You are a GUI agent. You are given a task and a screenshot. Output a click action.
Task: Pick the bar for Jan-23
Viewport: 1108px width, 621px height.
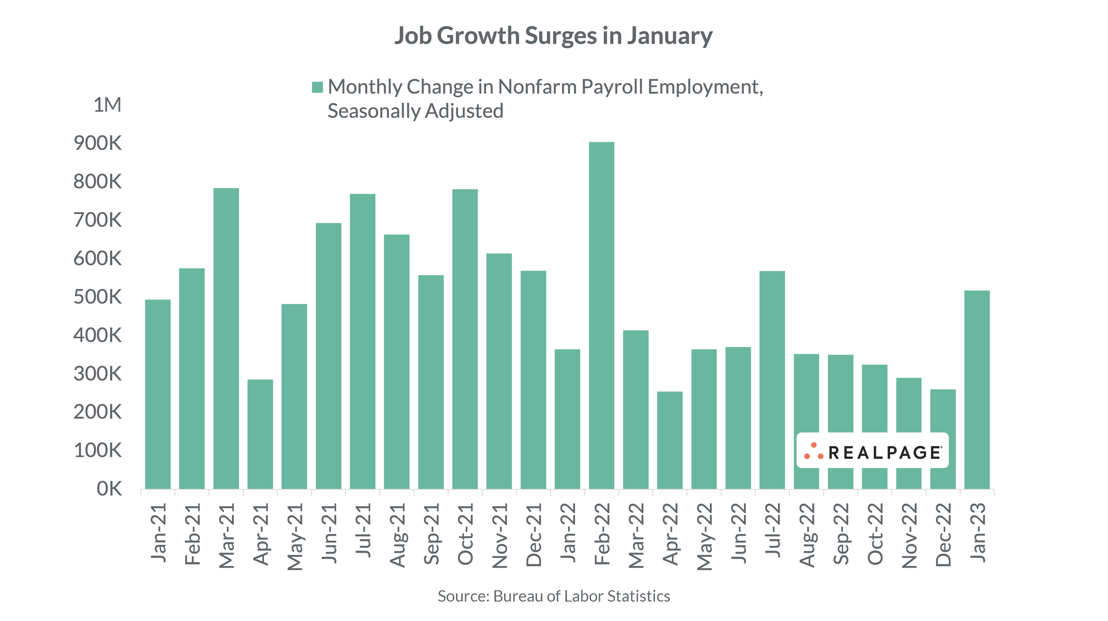(x=977, y=390)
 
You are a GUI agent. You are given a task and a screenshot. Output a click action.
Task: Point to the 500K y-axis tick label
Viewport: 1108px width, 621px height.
(x=98, y=297)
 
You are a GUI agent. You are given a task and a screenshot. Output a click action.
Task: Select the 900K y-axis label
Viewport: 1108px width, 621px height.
(x=98, y=143)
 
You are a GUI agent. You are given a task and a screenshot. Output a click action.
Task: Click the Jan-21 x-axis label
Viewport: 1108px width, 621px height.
(x=158, y=533)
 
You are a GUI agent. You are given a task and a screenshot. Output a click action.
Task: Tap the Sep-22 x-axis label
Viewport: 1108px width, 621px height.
(x=841, y=534)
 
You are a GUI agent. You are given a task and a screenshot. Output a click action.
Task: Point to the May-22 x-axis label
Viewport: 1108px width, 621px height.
(x=705, y=537)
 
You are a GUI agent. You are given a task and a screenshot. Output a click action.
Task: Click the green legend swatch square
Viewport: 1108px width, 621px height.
(x=317, y=87)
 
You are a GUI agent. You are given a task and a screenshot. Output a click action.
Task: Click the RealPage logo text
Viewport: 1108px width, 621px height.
(x=885, y=453)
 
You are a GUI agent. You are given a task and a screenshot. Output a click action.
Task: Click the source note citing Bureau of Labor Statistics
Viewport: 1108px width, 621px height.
(x=554, y=596)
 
